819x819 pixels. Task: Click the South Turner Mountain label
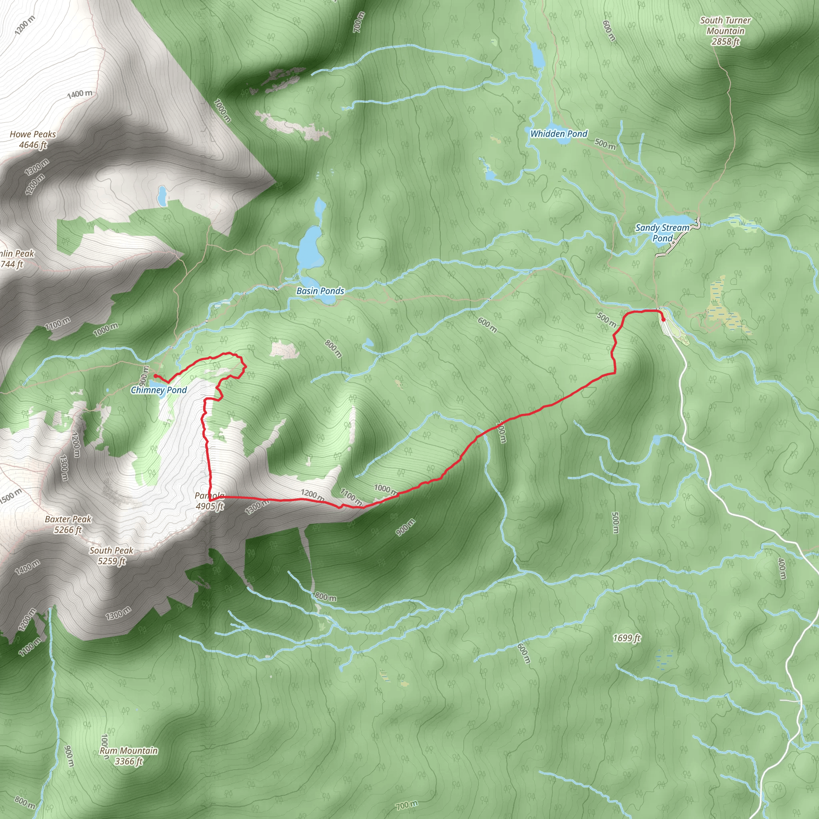(725, 31)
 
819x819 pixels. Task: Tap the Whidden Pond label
(559, 134)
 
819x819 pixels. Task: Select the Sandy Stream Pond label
(662, 233)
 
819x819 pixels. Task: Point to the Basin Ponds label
(320, 291)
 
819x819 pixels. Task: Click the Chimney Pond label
(158, 390)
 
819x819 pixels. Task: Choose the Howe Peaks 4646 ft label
(33, 140)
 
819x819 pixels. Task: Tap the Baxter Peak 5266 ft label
(68, 524)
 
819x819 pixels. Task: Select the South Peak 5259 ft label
(111, 556)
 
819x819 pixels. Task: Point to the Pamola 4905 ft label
(210, 501)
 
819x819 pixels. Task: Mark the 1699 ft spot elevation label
(627, 638)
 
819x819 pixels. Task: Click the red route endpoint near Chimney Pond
(155, 376)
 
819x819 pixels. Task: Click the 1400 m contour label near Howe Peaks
(80, 94)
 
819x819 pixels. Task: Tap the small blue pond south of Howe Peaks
(162, 195)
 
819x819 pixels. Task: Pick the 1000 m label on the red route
(386, 489)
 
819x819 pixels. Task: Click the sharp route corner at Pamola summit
(210, 500)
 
